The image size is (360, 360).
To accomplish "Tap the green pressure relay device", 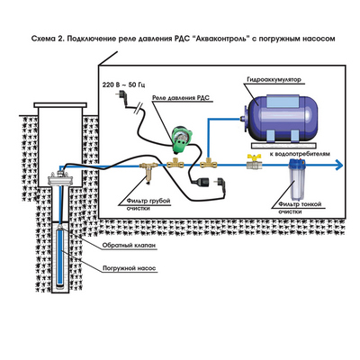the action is click(180, 139).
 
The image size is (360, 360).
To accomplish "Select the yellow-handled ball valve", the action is click(255, 162).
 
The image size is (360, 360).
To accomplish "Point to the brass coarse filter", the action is click(149, 170).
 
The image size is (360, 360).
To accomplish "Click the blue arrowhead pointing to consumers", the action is click(339, 165).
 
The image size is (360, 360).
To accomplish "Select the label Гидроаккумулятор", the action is click(274, 79).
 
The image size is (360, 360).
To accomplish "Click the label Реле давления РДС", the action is click(181, 98).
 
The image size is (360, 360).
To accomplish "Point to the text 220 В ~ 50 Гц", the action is click(123, 85).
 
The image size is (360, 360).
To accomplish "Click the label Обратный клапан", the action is click(129, 246).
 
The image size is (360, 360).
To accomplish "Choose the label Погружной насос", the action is click(130, 268).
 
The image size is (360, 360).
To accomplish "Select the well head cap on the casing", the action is click(60, 179).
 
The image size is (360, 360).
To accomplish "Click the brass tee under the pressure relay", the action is click(175, 164).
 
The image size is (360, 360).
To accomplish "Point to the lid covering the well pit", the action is click(60, 105).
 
